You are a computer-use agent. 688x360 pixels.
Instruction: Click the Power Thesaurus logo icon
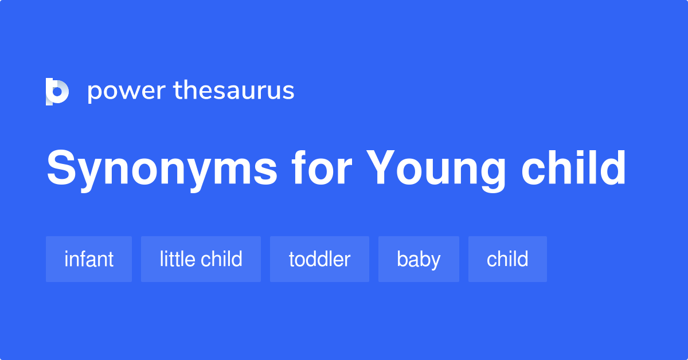coord(57,91)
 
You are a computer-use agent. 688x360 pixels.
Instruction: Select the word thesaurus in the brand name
coord(234,91)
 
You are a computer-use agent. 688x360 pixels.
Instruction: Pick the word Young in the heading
coord(436,169)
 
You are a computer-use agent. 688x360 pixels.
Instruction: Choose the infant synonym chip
coord(89,259)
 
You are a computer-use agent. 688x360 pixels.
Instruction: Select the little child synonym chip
coord(201,259)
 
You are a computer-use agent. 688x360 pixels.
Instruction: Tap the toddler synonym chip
coord(319,259)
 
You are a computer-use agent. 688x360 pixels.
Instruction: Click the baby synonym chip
coord(419,259)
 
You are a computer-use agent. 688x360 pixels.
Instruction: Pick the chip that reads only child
coord(507,259)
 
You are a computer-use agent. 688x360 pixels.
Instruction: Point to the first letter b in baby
coord(401,259)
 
